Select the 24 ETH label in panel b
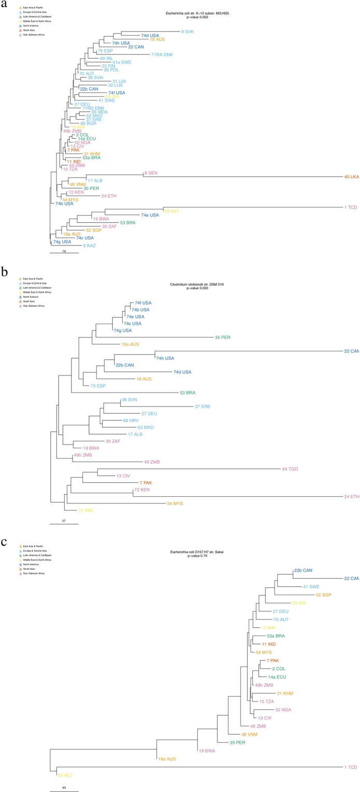pyautogui.click(x=351, y=497)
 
